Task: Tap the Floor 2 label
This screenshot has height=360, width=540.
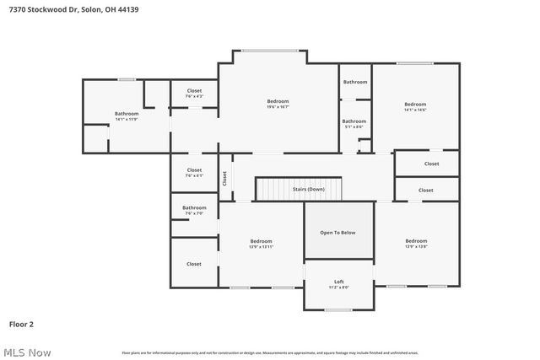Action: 21,323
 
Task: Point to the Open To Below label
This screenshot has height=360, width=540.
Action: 337,232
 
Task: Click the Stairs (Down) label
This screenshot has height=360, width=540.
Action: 308,189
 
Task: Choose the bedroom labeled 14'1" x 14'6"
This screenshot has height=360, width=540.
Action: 414,107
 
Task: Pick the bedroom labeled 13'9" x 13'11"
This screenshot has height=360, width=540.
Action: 261,243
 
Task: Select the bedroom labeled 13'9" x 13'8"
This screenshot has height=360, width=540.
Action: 416,243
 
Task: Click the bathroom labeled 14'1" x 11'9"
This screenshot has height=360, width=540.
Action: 127,116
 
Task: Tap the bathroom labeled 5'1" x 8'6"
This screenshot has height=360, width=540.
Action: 354,123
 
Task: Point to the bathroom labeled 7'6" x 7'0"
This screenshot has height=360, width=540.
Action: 194,210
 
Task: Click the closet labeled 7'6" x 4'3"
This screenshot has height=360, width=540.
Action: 194,93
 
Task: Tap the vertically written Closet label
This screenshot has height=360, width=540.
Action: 225,178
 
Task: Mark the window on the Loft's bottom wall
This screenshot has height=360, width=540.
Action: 338,310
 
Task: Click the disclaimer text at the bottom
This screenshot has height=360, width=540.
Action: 269,352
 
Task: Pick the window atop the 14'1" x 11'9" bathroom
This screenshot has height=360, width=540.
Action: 127,79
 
